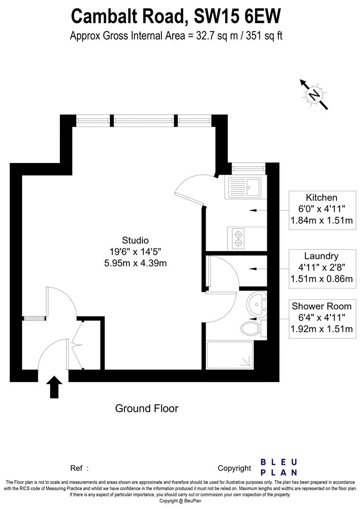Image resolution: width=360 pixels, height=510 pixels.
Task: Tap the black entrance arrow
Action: point(55,387)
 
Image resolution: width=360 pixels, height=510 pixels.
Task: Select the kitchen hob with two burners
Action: point(239,238)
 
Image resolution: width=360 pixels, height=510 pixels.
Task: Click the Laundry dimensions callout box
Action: point(321,268)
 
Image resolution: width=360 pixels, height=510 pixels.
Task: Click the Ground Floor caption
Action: point(147,408)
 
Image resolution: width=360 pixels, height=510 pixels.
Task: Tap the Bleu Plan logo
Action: point(279,467)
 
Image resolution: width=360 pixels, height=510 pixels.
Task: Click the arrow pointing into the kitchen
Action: point(253,210)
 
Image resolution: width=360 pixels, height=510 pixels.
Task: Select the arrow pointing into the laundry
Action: point(253,268)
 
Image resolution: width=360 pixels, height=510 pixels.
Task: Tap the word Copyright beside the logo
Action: point(234,468)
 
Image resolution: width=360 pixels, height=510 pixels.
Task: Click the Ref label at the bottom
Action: point(77,468)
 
